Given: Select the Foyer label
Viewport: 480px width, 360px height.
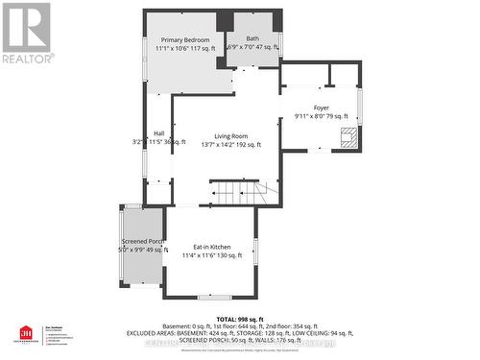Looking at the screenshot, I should tap(321, 108).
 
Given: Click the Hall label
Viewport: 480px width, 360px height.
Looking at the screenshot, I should tap(158, 133).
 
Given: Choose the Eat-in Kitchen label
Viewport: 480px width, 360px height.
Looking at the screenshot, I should tap(209, 246).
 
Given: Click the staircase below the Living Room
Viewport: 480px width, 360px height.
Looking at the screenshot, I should tap(234, 194).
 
